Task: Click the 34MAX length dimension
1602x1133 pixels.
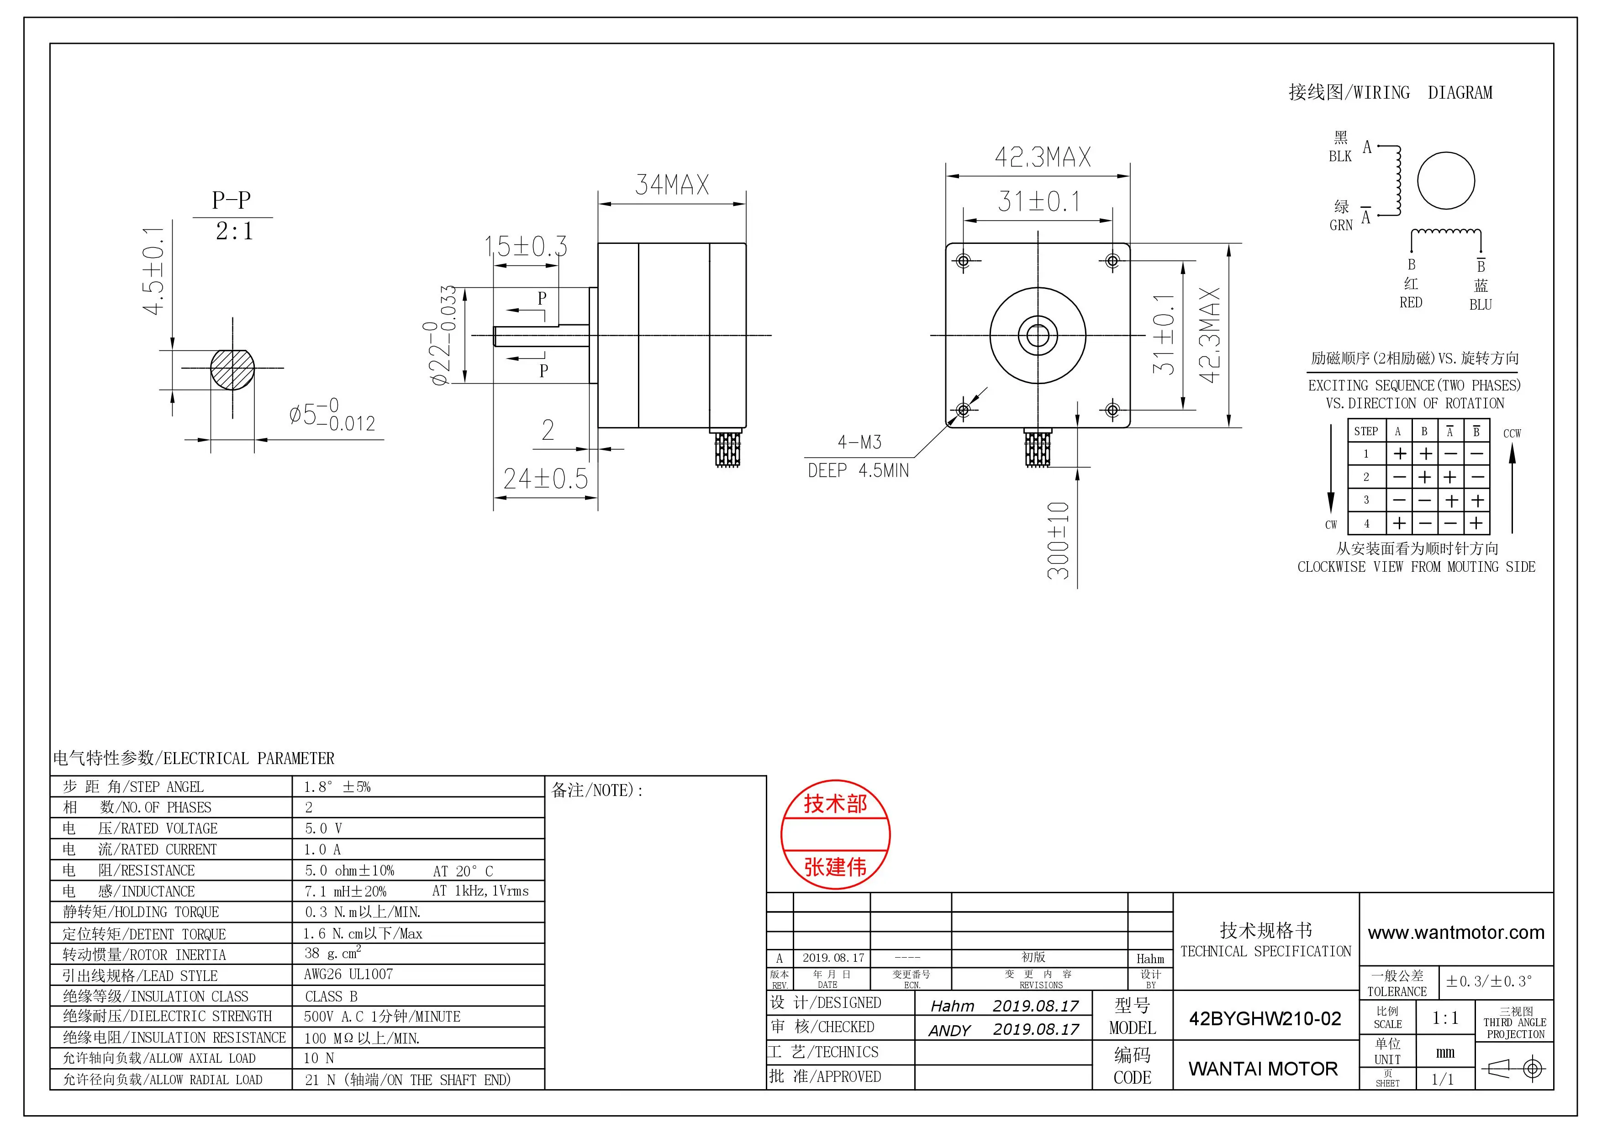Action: point(671,185)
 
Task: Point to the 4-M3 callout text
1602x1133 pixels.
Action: point(859,443)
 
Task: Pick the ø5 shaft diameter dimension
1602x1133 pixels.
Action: point(332,414)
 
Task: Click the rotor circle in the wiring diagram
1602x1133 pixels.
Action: point(1446,181)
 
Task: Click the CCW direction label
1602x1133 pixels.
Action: point(1511,434)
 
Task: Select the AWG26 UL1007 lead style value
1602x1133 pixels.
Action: point(348,975)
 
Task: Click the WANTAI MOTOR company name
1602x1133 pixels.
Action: point(1263,1069)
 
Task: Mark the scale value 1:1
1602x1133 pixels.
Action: point(1445,1018)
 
